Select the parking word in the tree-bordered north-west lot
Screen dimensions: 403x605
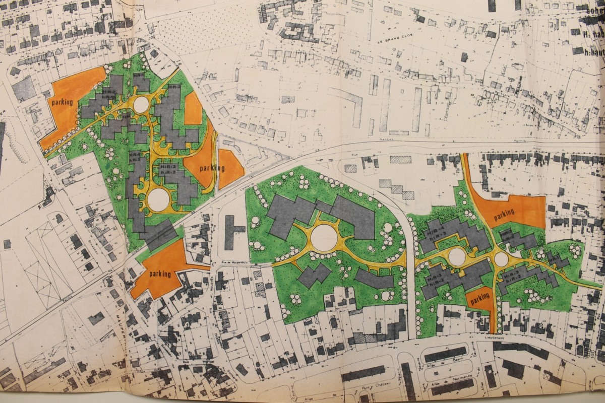click(x=61, y=102)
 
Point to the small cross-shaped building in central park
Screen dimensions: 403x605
click(x=314, y=275)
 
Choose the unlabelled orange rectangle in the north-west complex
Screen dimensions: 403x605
click(x=193, y=108)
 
